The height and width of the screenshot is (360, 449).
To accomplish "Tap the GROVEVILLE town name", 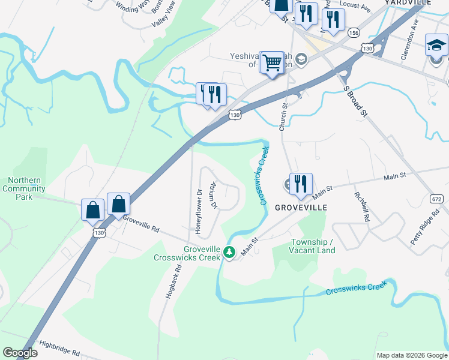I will click(x=301, y=207).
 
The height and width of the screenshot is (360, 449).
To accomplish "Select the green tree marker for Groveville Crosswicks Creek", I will click(x=229, y=252).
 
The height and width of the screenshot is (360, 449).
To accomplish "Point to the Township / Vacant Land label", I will click(x=313, y=246).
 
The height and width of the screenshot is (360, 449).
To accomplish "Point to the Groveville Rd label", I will click(x=142, y=224).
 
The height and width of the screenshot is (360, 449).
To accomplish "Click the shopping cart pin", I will click(x=273, y=62).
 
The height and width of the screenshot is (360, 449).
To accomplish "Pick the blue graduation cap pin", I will click(x=436, y=46).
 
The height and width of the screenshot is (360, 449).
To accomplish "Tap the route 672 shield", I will click(x=438, y=199).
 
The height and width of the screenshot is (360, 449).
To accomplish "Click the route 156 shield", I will click(x=354, y=32).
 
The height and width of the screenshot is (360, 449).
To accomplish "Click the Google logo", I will click(x=20, y=353).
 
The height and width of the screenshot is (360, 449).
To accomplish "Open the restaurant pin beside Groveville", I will click(x=301, y=184).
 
